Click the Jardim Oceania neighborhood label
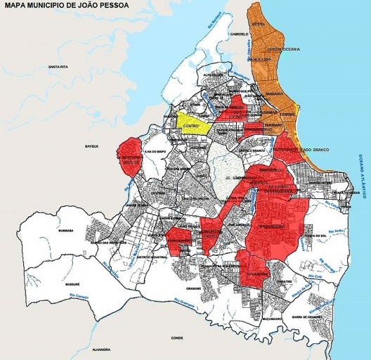(x=284, y=49)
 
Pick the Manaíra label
(x=274, y=94)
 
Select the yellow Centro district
(x=192, y=125)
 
